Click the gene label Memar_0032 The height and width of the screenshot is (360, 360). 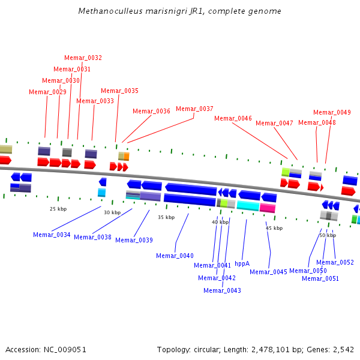click(83, 58)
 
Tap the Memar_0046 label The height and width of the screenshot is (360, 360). click(233, 118)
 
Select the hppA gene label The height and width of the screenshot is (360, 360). click(242, 263)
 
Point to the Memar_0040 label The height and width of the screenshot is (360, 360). click(175, 256)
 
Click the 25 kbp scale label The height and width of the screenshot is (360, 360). click(58, 209)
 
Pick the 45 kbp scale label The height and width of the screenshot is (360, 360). click(274, 228)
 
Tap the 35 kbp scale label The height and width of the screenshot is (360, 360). click(166, 217)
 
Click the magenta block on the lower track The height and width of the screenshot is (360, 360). click(268, 208)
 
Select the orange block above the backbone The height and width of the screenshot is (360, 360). click(127, 157)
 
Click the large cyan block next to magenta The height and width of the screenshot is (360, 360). click(248, 205)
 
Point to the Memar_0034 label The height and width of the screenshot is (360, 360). click(52, 235)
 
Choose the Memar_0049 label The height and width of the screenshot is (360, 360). click(332, 112)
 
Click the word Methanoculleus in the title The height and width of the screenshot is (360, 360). click(110, 11)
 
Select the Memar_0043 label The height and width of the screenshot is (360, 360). click(222, 290)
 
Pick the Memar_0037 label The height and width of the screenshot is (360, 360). click(194, 109)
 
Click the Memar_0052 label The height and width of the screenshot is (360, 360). click(335, 262)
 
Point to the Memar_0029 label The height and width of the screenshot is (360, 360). click(47, 92)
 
